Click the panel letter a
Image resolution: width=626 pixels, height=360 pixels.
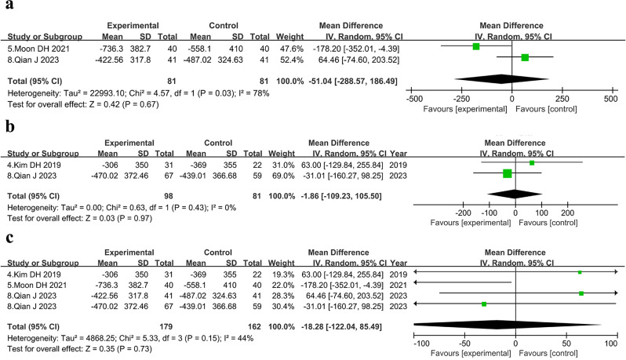9,5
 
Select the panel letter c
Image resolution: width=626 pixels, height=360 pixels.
9,238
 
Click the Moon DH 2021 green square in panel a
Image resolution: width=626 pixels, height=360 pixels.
476,47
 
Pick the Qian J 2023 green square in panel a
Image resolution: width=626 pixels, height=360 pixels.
525,57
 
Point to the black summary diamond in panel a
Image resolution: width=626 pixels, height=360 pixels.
501,79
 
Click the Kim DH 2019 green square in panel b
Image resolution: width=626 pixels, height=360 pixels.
532,163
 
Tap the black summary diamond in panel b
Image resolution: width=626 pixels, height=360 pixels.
515,195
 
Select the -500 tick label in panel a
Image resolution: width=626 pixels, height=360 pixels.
414,99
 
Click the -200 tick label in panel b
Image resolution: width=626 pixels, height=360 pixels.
464,213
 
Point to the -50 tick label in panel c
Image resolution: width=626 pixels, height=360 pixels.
464,344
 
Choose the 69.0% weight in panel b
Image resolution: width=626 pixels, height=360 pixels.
283,176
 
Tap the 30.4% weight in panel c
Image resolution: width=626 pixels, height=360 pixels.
283,306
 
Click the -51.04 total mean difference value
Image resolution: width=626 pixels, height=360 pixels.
320,81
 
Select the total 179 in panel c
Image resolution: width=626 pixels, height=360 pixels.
166,326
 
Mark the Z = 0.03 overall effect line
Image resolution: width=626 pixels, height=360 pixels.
79,218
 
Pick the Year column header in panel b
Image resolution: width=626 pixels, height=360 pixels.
399,153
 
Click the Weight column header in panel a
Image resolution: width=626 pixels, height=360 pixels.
289,37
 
